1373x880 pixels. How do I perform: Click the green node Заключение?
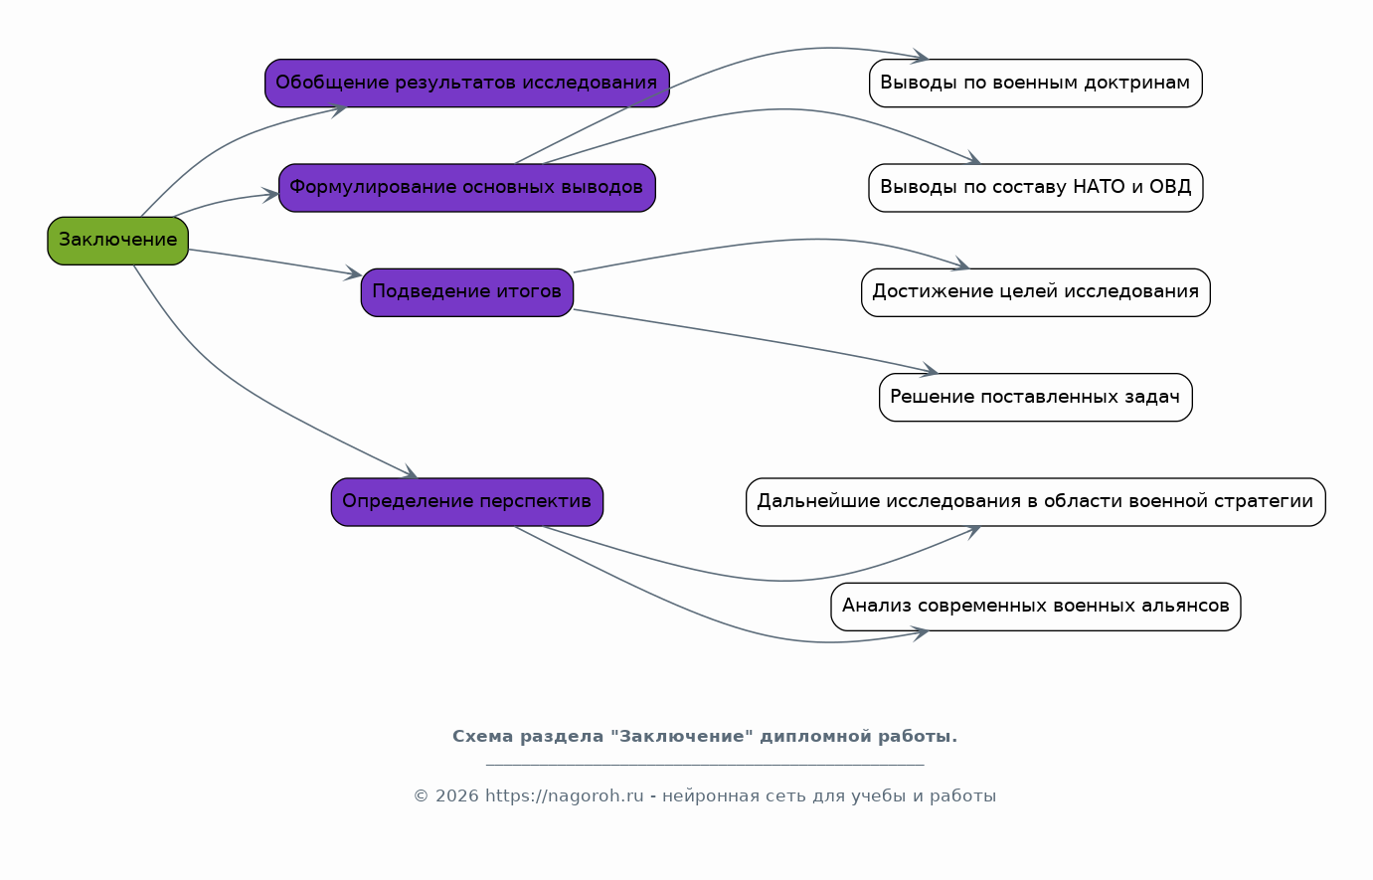[x=117, y=241]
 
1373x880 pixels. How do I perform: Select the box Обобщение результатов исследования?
[x=467, y=83]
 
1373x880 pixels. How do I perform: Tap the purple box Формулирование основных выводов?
[x=467, y=188]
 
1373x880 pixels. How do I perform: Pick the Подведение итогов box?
[x=467, y=292]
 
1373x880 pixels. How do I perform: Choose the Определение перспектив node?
[x=467, y=501]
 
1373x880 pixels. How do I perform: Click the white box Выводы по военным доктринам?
[x=1035, y=83]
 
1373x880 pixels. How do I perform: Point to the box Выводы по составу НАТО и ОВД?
[x=1035, y=188]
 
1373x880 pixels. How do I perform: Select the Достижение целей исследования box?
[x=1035, y=292]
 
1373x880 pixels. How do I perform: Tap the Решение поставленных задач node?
[x=1035, y=398]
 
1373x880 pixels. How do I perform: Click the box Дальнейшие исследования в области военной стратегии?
[x=1035, y=501]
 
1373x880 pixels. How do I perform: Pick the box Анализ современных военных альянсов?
[x=1035, y=607]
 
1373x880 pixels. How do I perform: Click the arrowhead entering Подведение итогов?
[x=354, y=273]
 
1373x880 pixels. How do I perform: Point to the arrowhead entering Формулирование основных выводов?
[x=271, y=195]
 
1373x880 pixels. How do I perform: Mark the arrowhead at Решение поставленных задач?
[x=931, y=370]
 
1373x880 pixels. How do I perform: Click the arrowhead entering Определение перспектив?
[x=410, y=472]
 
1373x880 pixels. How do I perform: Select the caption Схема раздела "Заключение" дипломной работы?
[x=705, y=736]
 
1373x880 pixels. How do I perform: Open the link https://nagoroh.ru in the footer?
[x=565, y=796]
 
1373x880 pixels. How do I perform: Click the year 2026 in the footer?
[x=456, y=796]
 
